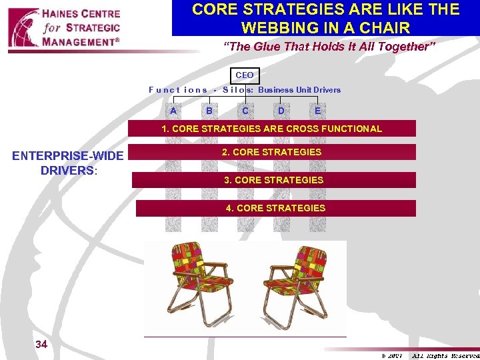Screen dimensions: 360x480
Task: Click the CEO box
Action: [x=245, y=75]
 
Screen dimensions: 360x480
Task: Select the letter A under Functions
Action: [x=173, y=111]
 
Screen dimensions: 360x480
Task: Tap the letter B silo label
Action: [x=209, y=111]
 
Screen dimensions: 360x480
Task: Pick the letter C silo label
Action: [x=245, y=111]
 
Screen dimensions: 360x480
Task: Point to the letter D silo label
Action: [x=281, y=111]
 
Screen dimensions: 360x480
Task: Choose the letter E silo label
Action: [x=317, y=111]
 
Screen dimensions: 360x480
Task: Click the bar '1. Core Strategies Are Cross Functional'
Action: [x=272, y=129]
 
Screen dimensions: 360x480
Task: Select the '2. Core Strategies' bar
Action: [x=272, y=152]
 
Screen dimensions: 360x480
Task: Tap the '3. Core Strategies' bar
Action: [x=274, y=180]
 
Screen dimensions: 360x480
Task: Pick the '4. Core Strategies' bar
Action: [x=276, y=208]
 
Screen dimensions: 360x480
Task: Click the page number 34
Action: [x=41, y=344]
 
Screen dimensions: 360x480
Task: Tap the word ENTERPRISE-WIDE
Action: [x=68, y=156]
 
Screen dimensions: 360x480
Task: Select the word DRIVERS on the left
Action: [x=67, y=170]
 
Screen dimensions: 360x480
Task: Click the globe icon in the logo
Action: [x=23, y=28]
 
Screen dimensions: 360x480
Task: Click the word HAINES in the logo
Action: [x=66, y=13]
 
